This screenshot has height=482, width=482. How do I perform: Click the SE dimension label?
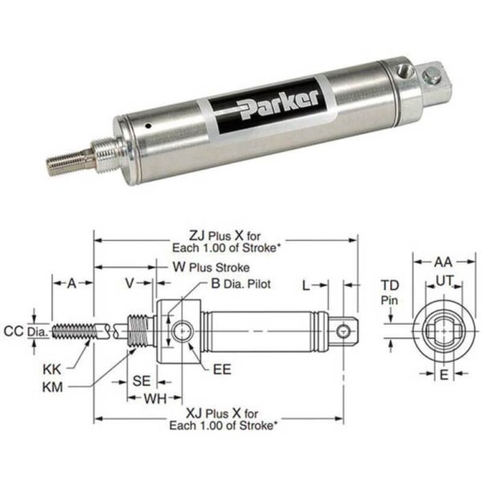click(x=141, y=380)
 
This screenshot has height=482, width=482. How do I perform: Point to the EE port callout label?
click(x=222, y=368)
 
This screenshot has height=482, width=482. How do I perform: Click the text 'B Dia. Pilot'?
click(x=241, y=282)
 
